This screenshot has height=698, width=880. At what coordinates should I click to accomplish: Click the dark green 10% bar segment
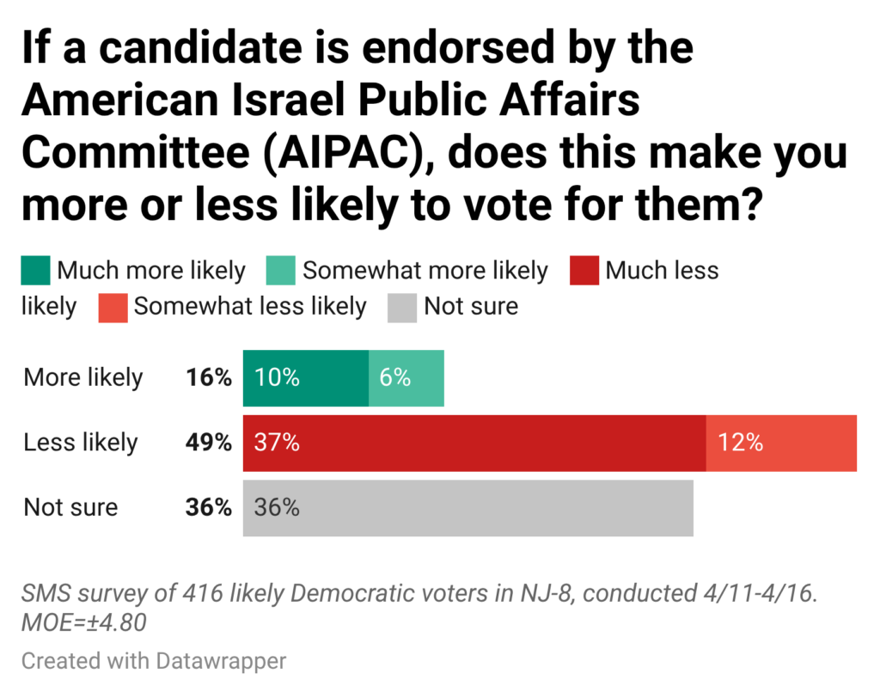click(305, 378)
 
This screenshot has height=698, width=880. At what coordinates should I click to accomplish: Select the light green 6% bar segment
click(406, 378)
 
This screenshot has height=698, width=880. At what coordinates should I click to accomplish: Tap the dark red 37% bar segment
click(474, 444)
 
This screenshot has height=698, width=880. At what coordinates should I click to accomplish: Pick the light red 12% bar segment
click(781, 444)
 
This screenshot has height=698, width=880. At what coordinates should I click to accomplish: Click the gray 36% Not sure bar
click(467, 508)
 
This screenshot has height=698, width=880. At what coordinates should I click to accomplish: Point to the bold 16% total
click(209, 378)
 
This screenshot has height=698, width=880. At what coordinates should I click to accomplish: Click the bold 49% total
click(209, 444)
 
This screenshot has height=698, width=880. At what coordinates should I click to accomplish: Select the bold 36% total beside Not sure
click(209, 508)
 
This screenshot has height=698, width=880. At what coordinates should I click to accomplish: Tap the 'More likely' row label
click(83, 378)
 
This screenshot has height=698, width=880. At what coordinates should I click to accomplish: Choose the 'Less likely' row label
click(81, 444)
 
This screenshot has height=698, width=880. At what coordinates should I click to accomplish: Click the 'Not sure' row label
click(70, 508)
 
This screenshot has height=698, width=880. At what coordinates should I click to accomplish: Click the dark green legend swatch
click(36, 272)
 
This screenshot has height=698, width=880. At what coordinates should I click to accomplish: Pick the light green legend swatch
click(282, 272)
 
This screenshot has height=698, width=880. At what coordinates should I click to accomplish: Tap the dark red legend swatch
click(584, 272)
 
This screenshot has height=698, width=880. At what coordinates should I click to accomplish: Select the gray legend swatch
click(402, 307)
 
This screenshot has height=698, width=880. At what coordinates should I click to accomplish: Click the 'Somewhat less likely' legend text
click(250, 307)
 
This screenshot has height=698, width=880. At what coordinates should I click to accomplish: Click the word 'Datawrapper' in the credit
click(222, 661)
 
